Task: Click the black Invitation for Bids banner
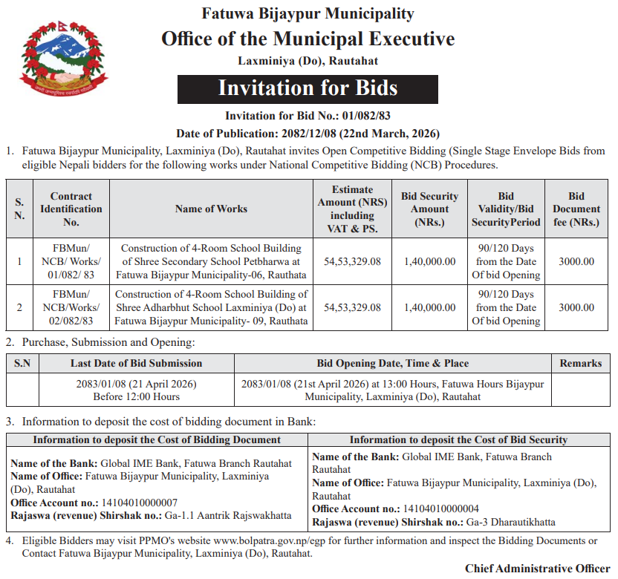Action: point(308,88)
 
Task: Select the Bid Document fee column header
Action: point(576,209)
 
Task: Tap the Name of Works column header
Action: point(211,209)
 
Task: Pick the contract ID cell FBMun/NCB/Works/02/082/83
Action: point(71,307)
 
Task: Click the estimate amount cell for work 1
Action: point(353,261)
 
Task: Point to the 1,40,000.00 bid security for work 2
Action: point(430,307)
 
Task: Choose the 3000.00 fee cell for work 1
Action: point(576,261)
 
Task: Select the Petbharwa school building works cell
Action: point(211,261)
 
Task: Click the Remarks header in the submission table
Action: point(581,363)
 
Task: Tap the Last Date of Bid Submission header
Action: point(136,363)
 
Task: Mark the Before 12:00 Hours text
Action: point(136,397)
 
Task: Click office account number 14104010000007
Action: point(131,503)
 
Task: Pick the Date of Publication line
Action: point(308,134)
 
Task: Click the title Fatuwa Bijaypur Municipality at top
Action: point(308,14)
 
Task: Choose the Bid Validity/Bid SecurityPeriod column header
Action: point(506,209)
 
